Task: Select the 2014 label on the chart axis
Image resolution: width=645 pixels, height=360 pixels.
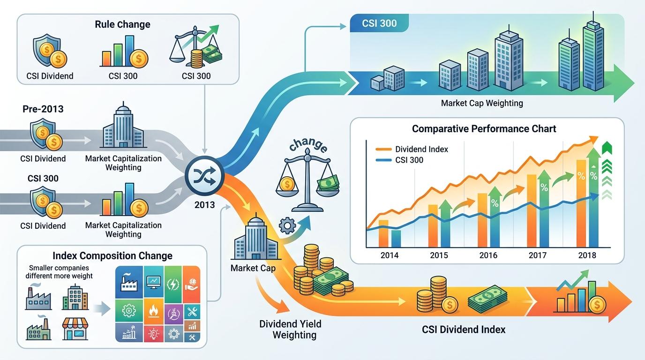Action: pyautogui.click(x=390, y=255)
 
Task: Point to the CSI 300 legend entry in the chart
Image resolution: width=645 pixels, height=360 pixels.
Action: pyautogui.click(x=409, y=160)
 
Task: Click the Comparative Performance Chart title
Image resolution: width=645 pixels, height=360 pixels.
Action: pyautogui.click(x=484, y=128)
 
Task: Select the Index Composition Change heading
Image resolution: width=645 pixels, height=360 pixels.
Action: pyautogui.click(x=112, y=256)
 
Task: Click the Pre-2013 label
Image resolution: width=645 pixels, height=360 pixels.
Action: pyautogui.click(x=43, y=109)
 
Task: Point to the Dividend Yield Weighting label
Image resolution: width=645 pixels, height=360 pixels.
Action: pyautogui.click(x=291, y=329)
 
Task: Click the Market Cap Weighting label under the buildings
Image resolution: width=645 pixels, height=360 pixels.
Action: pyautogui.click(x=482, y=103)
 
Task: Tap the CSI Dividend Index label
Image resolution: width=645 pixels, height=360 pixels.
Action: pyautogui.click(x=464, y=330)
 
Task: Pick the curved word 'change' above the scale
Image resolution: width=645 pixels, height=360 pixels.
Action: pyautogui.click(x=308, y=144)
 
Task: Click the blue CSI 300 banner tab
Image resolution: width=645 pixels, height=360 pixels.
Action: pyautogui.click(x=380, y=23)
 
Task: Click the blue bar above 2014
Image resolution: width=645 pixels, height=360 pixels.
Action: pyautogui.click(x=396, y=238)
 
